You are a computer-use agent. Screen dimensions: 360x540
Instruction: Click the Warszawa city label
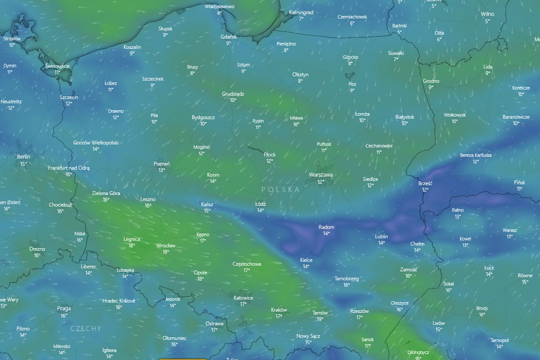click(321, 175)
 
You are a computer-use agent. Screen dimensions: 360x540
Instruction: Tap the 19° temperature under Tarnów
click(320, 319)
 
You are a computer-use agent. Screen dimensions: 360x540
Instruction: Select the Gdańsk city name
click(228, 37)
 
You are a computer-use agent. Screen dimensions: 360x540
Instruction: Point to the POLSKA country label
click(280, 189)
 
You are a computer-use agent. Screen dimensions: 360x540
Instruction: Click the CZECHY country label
click(86, 328)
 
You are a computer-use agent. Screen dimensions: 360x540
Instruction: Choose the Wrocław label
click(166, 245)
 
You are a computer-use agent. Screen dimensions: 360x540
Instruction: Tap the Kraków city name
click(279, 310)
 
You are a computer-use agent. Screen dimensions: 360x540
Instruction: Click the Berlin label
click(24, 157)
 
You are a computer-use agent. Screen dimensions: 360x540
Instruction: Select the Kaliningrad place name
click(301, 12)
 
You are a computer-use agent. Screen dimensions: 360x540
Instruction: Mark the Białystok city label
click(405, 117)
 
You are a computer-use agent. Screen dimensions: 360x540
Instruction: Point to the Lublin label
click(381, 237)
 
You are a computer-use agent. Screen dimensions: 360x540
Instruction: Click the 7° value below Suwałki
click(396, 59)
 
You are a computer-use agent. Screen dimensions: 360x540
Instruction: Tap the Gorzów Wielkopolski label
click(96, 142)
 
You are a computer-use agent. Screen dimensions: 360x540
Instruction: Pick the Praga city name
click(64, 309)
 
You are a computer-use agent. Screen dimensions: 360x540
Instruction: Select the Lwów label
click(439, 323)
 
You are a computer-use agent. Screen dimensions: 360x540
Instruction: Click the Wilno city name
click(487, 14)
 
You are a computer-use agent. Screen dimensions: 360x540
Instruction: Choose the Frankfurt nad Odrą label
click(69, 168)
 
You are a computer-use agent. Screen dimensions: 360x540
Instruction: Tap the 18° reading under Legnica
click(132, 245)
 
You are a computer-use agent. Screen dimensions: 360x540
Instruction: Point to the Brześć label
click(425, 183)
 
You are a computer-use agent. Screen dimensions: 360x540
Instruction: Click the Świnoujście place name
click(57, 66)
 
